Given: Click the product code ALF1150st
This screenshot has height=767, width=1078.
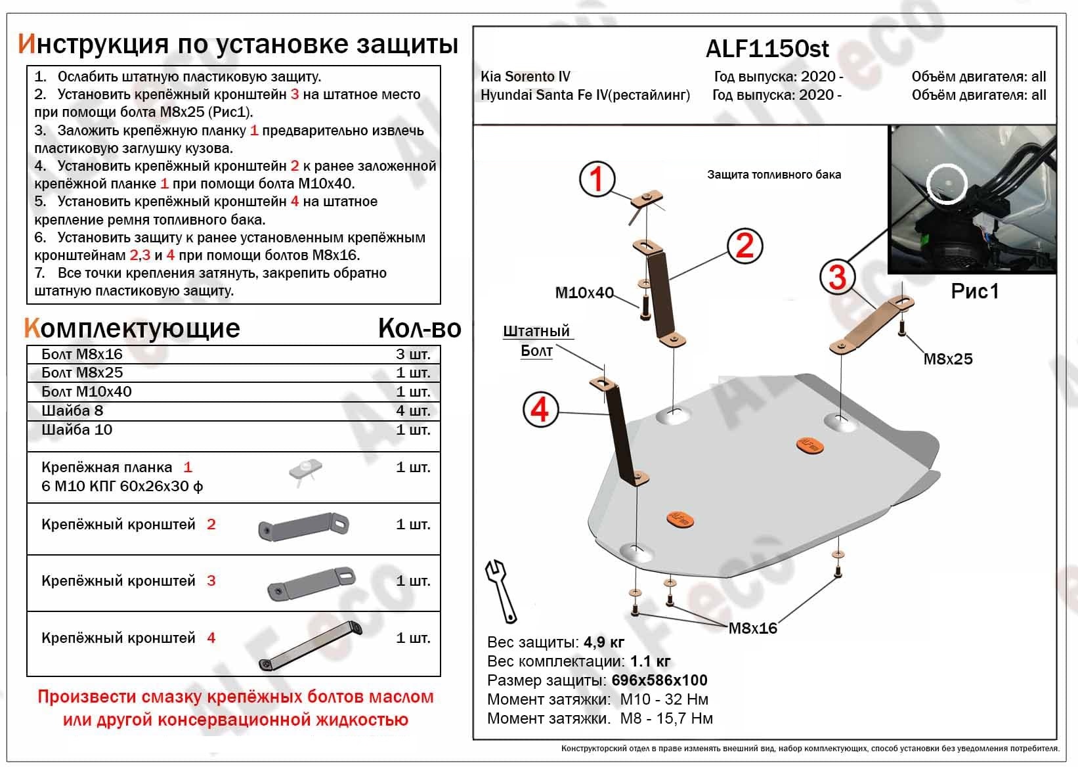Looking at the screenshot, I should [x=767, y=49].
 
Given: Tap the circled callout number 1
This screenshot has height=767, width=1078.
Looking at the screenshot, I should [x=597, y=179].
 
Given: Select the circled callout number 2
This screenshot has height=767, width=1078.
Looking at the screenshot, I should [x=744, y=246].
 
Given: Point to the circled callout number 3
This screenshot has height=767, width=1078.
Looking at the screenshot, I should [x=837, y=276].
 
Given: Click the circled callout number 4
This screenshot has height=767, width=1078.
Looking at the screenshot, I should [x=540, y=410].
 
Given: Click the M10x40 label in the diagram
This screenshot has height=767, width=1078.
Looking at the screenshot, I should [x=584, y=293].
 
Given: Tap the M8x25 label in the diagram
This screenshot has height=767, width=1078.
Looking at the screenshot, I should [x=947, y=359].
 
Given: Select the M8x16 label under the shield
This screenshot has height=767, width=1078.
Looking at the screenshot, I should [x=752, y=628].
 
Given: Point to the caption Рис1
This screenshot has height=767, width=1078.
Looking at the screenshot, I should [x=974, y=291].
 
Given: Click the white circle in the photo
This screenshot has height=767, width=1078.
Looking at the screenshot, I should [x=947, y=184].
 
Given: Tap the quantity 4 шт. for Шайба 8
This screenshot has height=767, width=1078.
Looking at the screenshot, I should [x=413, y=411].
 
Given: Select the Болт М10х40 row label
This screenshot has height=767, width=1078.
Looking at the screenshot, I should [x=86, y=392].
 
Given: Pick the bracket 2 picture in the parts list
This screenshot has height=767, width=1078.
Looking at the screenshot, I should [x=303, y=525].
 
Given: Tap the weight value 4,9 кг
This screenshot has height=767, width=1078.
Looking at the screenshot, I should [x=600, y=642].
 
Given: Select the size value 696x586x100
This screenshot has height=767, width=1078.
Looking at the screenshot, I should [x=659, y=680].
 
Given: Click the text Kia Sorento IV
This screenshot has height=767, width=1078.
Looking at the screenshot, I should [x=525, y=77].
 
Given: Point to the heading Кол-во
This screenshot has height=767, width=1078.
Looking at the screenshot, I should [x=419, y=328].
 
